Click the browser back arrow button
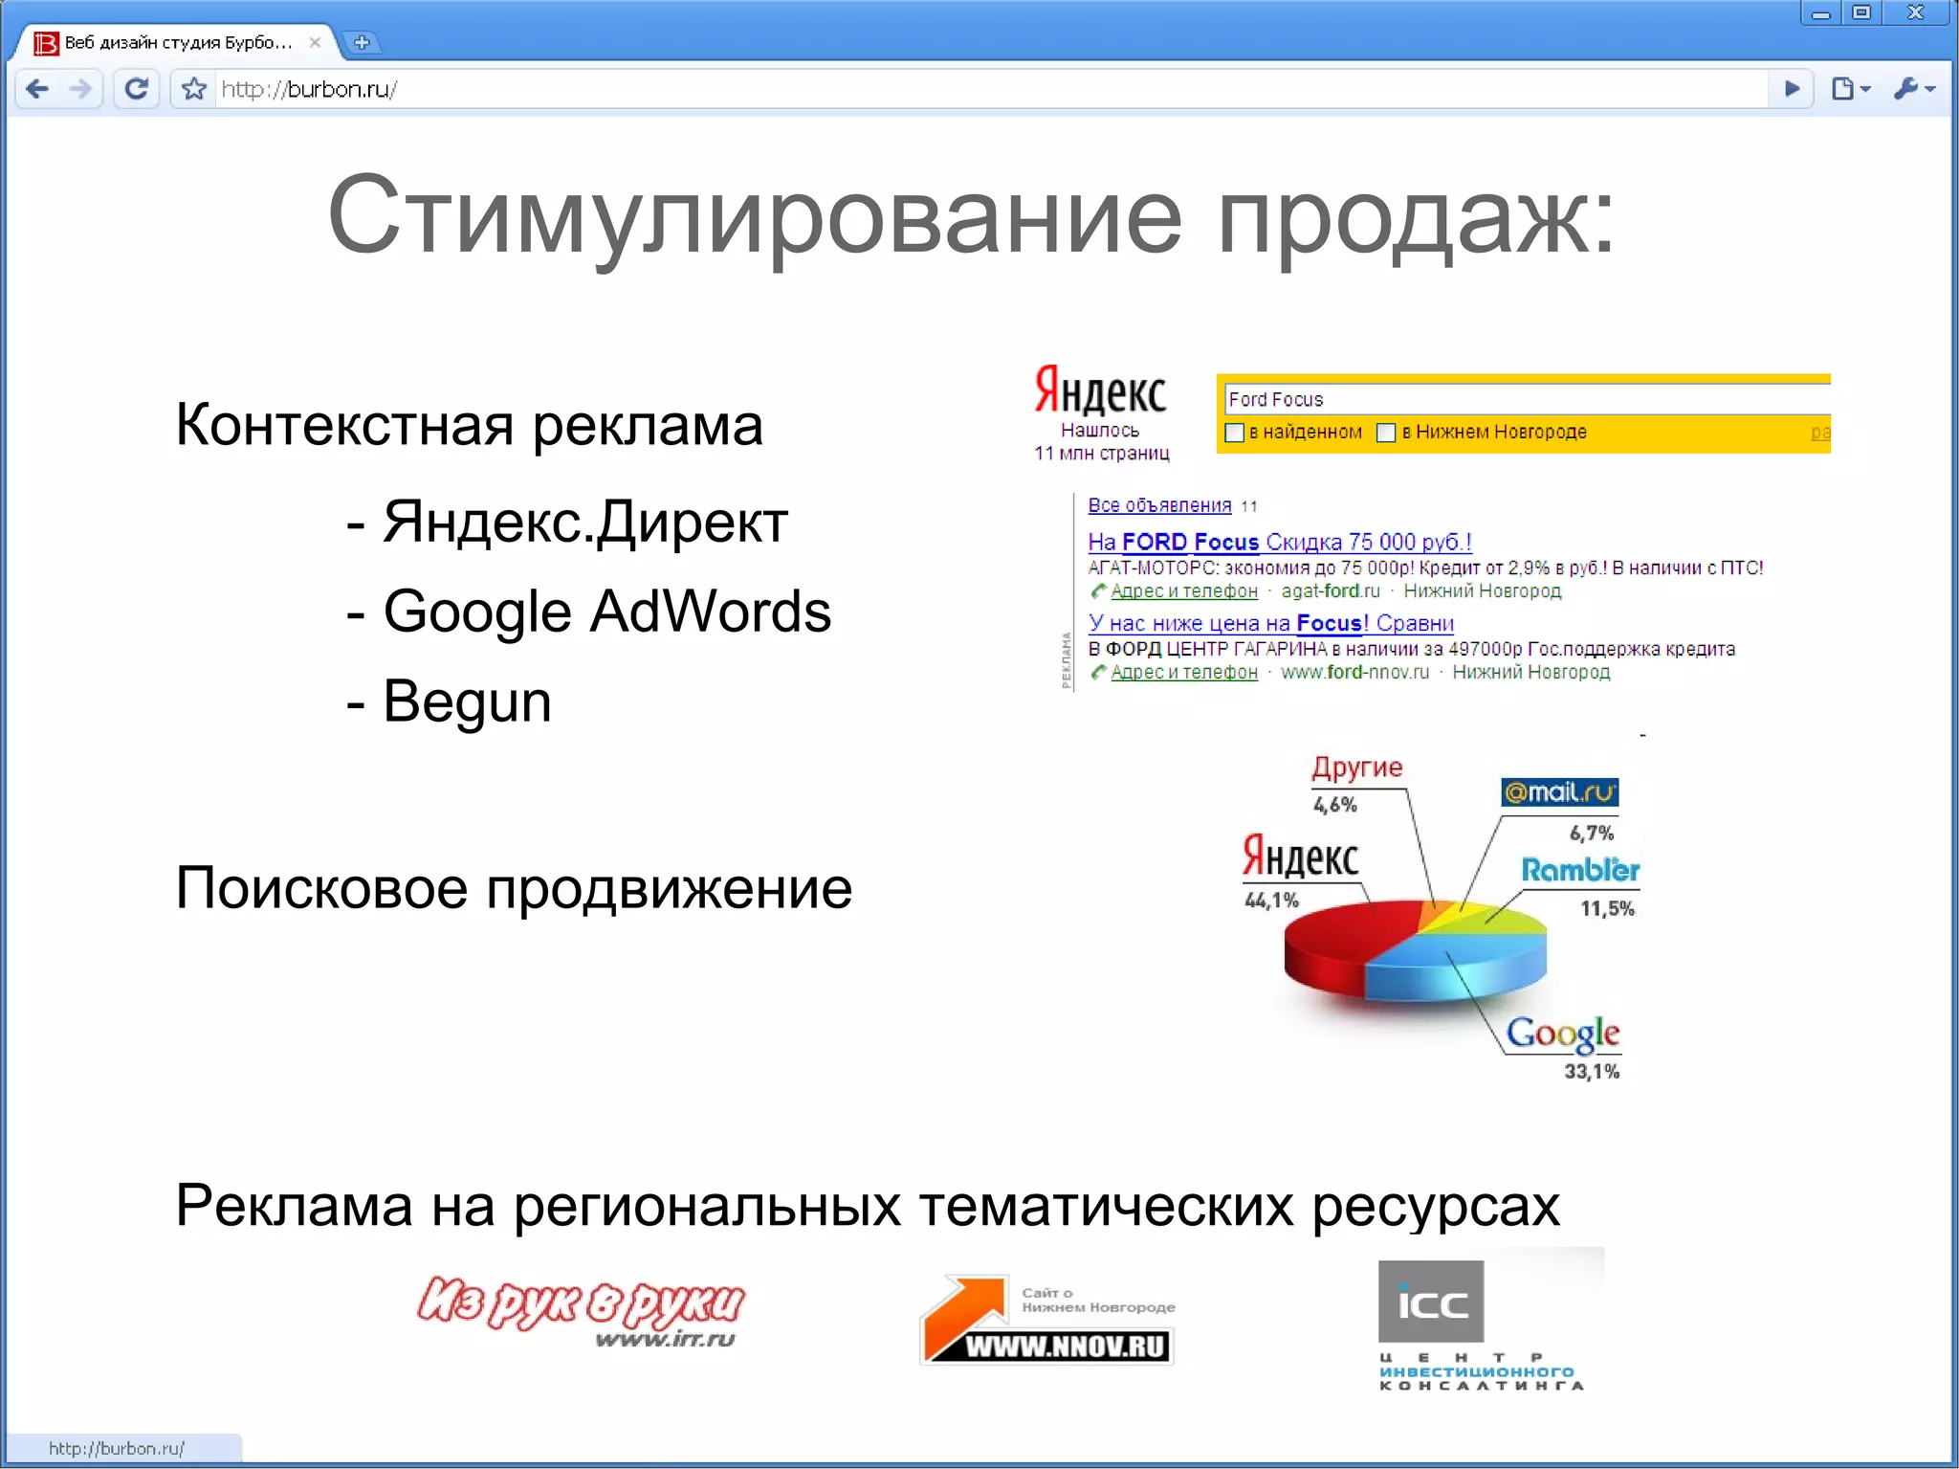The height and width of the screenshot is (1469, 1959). [38, 89]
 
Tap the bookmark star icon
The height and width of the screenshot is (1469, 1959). [194, 89]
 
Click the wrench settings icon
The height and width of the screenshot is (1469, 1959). [1908, 89]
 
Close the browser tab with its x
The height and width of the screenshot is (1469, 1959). [315, 42]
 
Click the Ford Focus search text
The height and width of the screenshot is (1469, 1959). [1275, 399]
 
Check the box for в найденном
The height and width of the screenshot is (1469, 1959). [1235, 433]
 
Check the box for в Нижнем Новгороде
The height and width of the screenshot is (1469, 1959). [1386, 433]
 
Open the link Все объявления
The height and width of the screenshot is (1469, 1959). [1159, 505]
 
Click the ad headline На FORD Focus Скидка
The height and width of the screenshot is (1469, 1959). [1279, 542]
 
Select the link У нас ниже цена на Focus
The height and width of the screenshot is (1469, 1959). [1270, 623]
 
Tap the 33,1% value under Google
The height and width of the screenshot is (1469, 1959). [1592, 1072]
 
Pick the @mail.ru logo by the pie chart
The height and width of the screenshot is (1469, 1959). [1559, 792]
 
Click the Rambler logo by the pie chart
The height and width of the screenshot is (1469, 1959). [1580, 870]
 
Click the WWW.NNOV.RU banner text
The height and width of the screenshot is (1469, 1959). [1066, 1347]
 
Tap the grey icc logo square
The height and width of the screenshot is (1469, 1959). [1431, 1302]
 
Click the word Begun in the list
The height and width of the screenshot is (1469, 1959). [467, 701]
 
